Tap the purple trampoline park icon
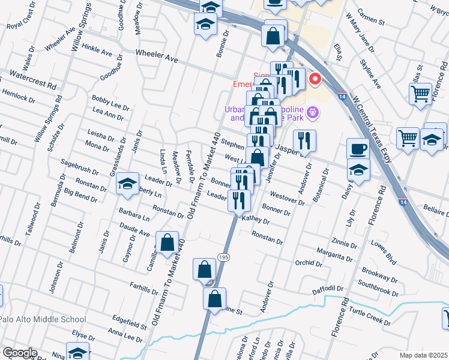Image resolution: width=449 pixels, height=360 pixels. click(x=312, y=112)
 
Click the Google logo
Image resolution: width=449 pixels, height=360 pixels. click(x=19, y=353)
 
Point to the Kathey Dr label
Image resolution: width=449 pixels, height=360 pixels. click(x=256, y=220)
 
